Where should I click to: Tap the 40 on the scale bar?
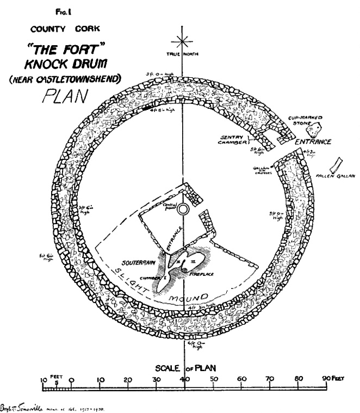click(185, 380)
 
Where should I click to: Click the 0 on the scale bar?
click(72, 380)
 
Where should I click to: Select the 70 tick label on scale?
click(270, 380)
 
